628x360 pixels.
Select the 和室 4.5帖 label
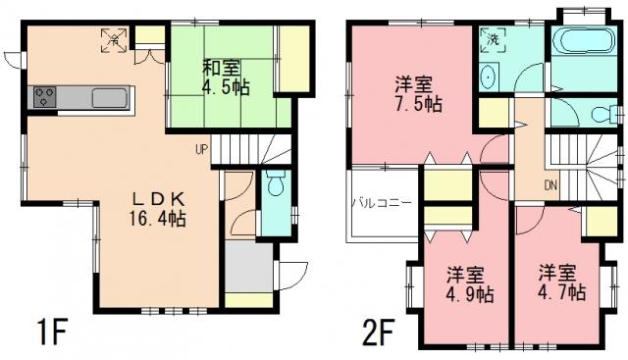point(226,77)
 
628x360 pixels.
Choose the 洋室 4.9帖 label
point(466,283)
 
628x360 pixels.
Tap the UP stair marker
point(201,149)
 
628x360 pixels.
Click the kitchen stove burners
point(45,97)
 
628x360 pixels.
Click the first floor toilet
point(275,183)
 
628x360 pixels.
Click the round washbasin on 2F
point(489,78)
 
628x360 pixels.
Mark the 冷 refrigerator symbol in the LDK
point(114,41)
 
